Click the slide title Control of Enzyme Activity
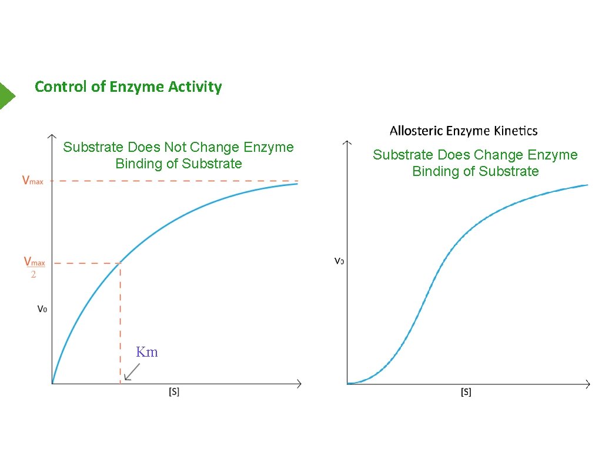pos(128,87)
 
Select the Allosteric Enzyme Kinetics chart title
pos(463,131)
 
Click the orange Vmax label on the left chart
pos(32,181)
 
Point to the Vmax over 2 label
pos(34,267)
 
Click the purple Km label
pos(147,352)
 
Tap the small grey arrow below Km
pos(132,372)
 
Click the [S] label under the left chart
pos(174,391)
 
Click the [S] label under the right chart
pos(466,392)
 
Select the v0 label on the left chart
pos(42,308)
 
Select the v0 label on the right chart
pos(339,260)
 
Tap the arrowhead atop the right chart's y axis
pos(347,142)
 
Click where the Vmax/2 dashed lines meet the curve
pos(121,262)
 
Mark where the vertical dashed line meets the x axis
pos(121,384)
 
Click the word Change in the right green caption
pos(499,155)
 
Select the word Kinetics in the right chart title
pos(516,131)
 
